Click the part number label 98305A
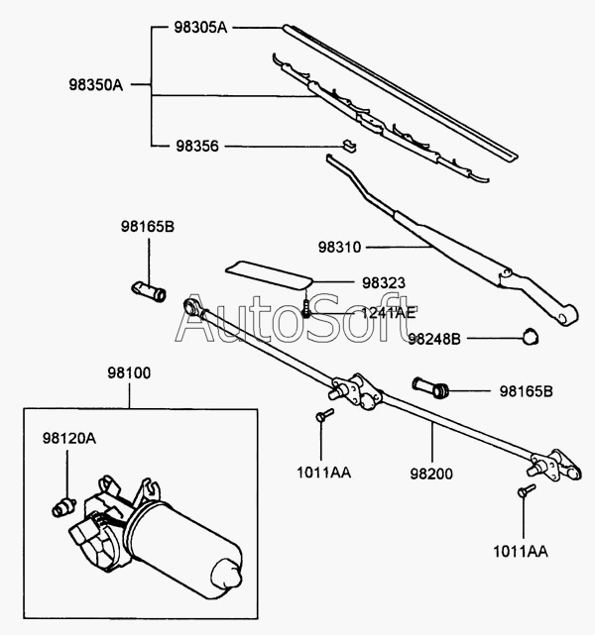pyautogui.click(x=200, y=28)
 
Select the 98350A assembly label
pyautogui.click(x=95, y=85)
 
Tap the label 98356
pyautogui.click(x=197, y=147)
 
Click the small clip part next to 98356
pyautogui.click(x=348, y=146)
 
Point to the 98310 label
pyautogui.click(x=339, y=247)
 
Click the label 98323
pyautogui.click(x=384, y=282)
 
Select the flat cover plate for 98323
pyautogui.click(x=269, y=274)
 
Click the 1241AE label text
pyautogui.click(x=389, y=313)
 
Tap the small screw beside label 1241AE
pyautogui.click(x=306, y=309)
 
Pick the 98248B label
pyautogui.click(x=434, y=339)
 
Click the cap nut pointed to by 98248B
pyautogui.click(x=530, y=337)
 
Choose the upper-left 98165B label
pyautogui.click(x=148, y=227)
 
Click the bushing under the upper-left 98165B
pyautogui.click(x=149, y=291)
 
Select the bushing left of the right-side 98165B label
pyautogui.click(x=430, y=387)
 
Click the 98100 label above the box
pyautogui.click(x=129, y=373)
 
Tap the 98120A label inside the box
pyautogui.click(x=69, y=438)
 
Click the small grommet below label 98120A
pyautogui.click(x=64, y=507)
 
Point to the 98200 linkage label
pyautogui.click(x=431, y=474)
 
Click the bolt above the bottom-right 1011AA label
pyautogui.click(x=527, y=490)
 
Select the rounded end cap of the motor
pyautogui.click(x=227, y=573)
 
